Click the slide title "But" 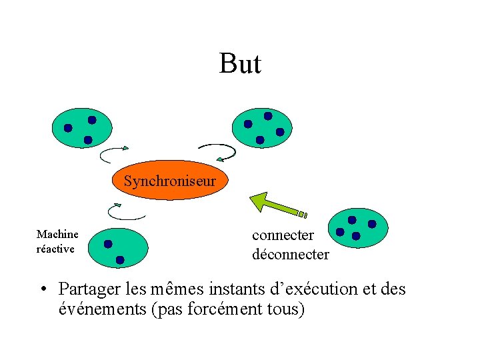[240, 64]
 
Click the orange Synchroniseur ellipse [169, 181]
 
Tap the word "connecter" [283, 235]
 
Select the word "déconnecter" [290, 254]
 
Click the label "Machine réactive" [57, 241]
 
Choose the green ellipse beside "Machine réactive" [118, 245]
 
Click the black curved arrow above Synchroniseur [218, 152]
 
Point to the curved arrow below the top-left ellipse [114, 155]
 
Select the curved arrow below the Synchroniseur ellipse [126, 211]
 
